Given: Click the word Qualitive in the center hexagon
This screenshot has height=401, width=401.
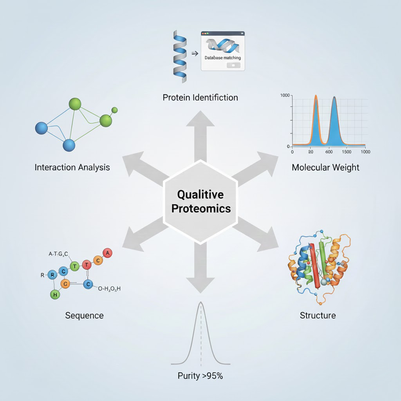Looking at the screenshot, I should (x=200, y=194).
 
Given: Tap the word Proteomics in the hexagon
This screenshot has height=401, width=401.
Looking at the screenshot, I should (x=201, y=208).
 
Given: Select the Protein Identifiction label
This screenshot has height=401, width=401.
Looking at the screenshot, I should (x=200, y=97).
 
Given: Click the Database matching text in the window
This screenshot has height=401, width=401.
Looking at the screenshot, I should (x=223, y=58).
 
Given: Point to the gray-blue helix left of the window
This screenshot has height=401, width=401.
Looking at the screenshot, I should (x=180, y=55).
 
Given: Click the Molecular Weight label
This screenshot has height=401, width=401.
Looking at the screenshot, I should (x=325, y=168).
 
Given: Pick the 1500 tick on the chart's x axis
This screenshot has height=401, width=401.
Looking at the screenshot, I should (x=347, y=152).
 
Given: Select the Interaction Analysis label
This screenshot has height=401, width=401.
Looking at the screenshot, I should (x=72, y=168).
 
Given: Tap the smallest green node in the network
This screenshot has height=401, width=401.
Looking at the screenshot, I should (x=114, y=110).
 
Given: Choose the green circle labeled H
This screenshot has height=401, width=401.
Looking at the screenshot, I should (x=55, y=294).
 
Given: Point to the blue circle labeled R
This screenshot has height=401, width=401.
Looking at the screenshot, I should (x=52, y=275).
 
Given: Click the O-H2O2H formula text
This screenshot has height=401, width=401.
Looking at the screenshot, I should (x=109, y=289).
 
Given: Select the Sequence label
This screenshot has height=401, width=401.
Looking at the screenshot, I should (x=84, y=315).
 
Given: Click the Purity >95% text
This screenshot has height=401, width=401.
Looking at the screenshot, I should (x=200, y=376).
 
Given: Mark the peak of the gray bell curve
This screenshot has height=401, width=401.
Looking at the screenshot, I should (x=201, y=302).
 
